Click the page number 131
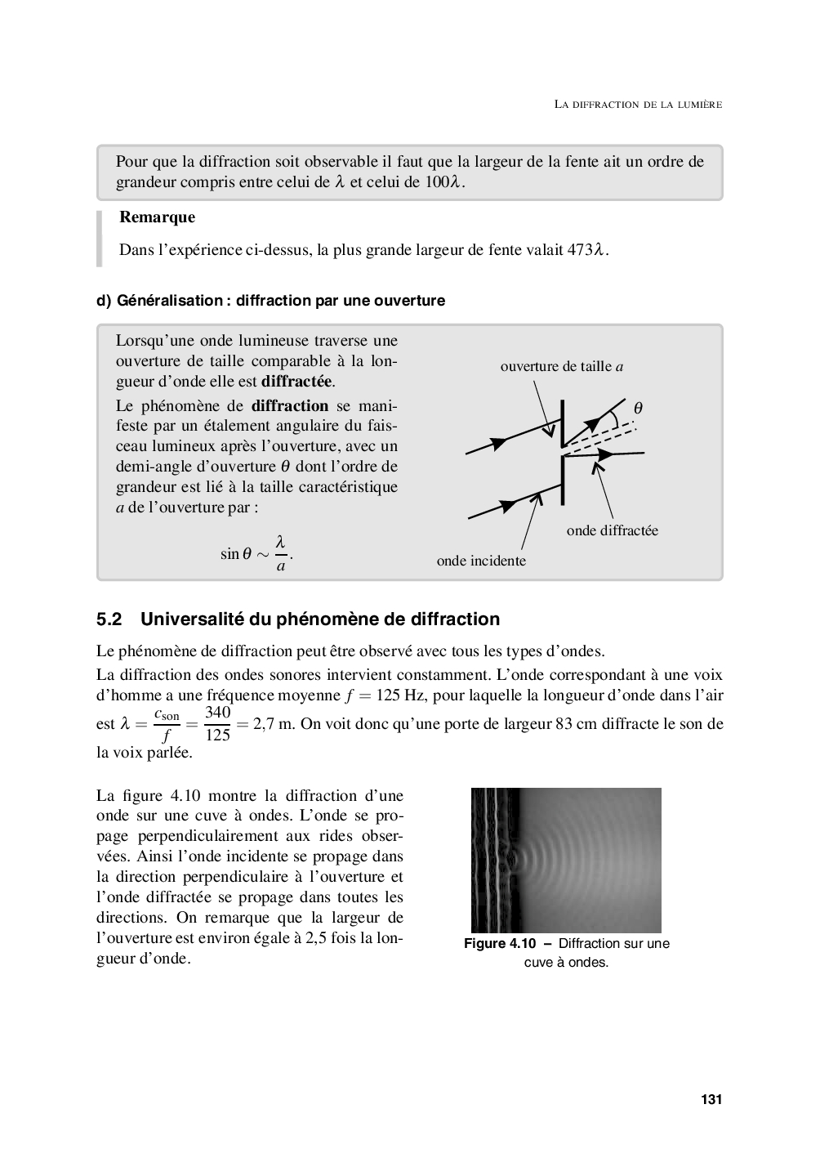(x=711, y=1099)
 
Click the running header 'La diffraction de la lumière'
(x=638, y=105)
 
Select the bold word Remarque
(x=157, y=217)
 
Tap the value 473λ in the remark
(x=586, y=250)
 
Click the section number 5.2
(x=109, y=619)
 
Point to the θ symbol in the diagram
(x=638, y=407)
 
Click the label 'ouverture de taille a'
(x=562, y=366)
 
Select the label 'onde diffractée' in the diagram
(x=612, y=530)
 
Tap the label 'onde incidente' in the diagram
(x=481, y=561)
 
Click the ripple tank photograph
(x=566, y=860)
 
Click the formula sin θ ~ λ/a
(x=256, y=553)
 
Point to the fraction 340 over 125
(x=217, y=724)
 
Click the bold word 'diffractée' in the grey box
(x=297, y=382)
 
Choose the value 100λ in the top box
(x=443, y=182)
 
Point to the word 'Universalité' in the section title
(x=200, y=619)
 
